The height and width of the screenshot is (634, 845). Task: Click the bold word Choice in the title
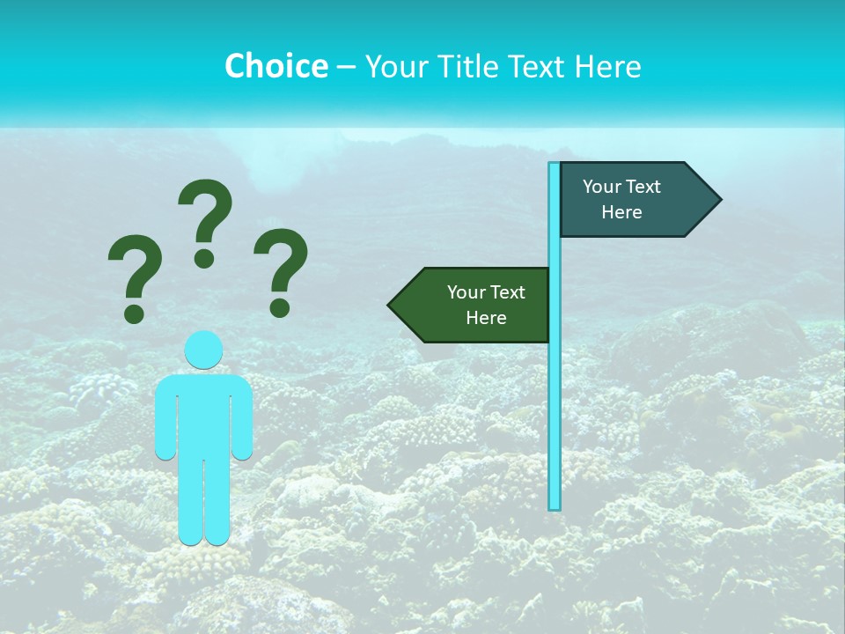tap(276, 66)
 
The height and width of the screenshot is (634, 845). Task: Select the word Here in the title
tap(607, 66)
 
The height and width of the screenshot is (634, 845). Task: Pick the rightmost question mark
tap(281, 270)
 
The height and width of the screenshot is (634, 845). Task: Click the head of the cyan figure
tap(203, 350)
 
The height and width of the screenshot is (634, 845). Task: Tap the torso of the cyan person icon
tap(203, 414)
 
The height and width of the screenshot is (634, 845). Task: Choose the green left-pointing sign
tap(475, 305)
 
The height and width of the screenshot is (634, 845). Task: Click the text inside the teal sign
tap(621, 199)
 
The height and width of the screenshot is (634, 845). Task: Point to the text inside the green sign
tap(486, 305)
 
